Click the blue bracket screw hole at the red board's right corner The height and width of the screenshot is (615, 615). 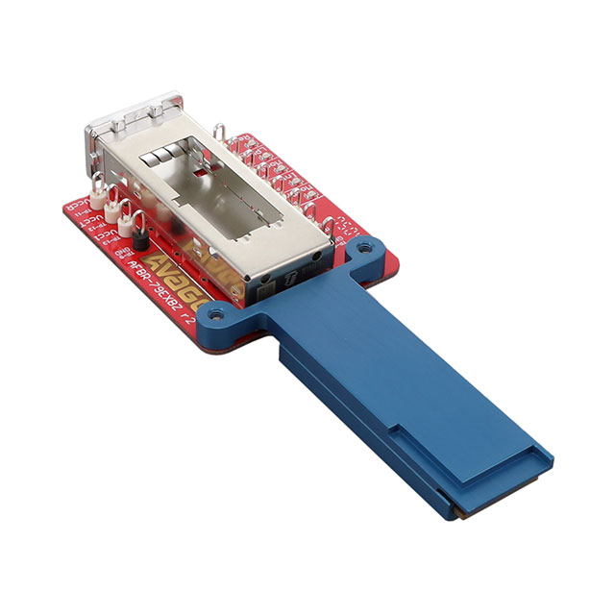coord(363,251)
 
